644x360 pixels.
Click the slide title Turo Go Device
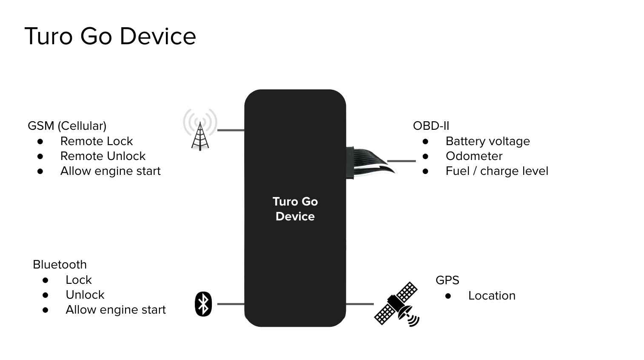point(110,36)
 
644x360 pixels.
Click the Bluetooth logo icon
point(203,304)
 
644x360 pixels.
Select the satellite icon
point(397,304)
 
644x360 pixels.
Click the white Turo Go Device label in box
point(295,209)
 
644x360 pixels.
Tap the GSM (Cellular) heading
point(67,126)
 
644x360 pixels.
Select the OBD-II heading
point(431,126)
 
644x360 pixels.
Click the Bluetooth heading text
point(60,265)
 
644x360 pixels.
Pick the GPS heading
point(447,280)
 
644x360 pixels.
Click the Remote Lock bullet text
point(97,141)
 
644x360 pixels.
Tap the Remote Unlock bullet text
point(103,156)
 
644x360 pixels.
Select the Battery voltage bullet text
point(487,141)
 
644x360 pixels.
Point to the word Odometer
point(474,156)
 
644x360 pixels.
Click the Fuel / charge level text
point(497,171)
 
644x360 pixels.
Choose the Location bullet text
point(492,296)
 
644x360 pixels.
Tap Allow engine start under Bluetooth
point(115,310)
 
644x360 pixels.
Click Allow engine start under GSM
point(110,171)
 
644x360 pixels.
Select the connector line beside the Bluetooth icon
point(231,304)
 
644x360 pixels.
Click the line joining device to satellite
point(360,304)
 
